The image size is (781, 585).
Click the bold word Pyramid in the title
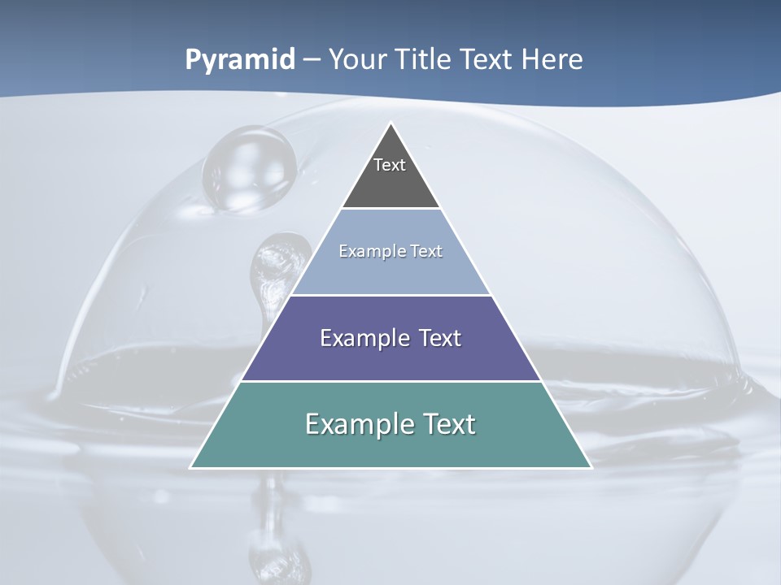(x=240, y=60)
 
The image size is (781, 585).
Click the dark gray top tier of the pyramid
(x=390, y=183)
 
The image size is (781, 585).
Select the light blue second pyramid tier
(x=390, y=272)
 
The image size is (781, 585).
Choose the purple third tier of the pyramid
(x=390, y=357)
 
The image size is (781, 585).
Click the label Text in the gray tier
(x=390, y=165)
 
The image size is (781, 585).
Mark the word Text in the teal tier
(x=448, y=424)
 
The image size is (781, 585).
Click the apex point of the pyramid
(x=391, y=123)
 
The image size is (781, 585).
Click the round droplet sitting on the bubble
(x=249, y=168)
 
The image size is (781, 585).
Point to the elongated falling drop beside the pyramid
(x=273, y=268)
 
